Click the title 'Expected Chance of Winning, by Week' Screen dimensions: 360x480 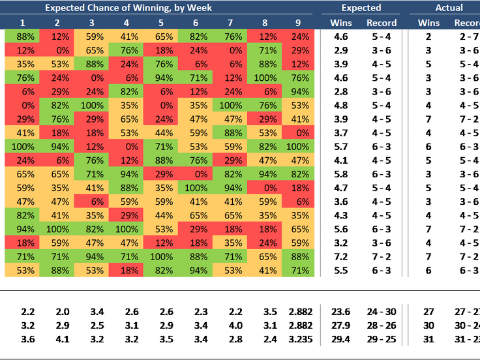[x=128, y=8]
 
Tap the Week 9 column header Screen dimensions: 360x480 [x=300, y=23]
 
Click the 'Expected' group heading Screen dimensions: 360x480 [x=361, y=8]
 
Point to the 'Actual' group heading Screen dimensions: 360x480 [x=449, y=8]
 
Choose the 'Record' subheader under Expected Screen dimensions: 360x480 [x=382, y=23]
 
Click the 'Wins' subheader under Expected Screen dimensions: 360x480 [x=341, y=23]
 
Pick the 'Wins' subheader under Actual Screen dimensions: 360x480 [x=428, y=23]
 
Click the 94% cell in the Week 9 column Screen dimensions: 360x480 [x=300, y=91]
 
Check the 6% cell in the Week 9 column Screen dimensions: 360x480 [x=300, y=202]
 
